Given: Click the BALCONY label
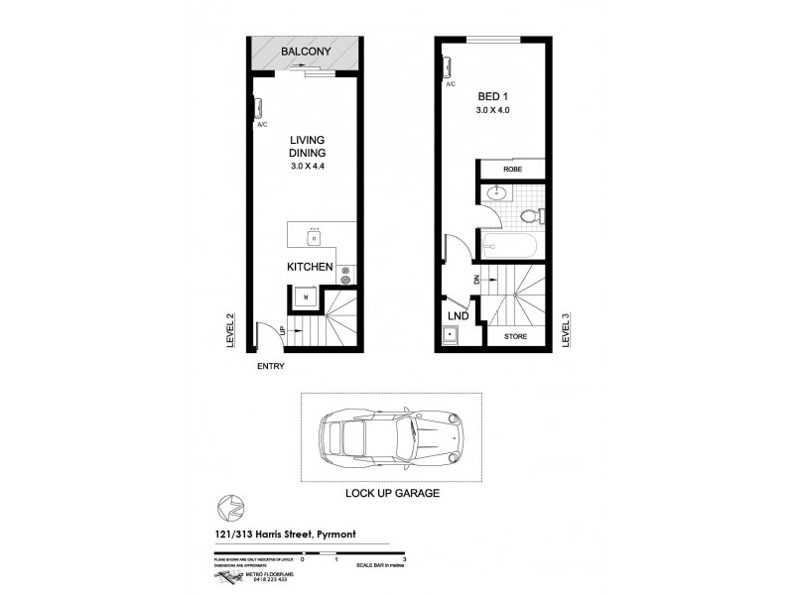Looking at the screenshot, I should [x=305, y=52].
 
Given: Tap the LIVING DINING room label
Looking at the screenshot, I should [x=308, y=148].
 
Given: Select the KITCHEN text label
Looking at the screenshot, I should [x=309, y=268].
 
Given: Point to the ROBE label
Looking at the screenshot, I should [x=512, y=170].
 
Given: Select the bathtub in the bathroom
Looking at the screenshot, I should [x=506, y=244].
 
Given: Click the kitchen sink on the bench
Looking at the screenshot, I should [x=315, y=237].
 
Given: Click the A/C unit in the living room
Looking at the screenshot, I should [x=257, y=108].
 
